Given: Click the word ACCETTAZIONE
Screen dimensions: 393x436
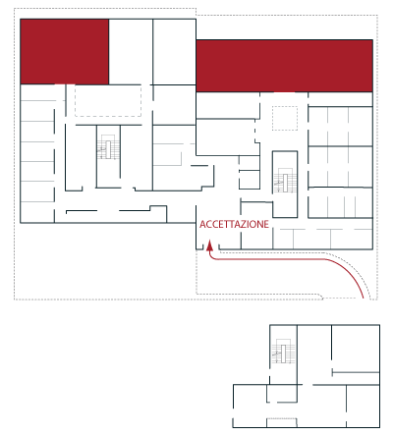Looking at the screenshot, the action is click(x=234, y=224).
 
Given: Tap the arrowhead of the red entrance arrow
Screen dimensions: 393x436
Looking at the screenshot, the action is click(x=209, y=245).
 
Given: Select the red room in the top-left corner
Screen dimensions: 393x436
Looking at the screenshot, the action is click(x=65, y=52).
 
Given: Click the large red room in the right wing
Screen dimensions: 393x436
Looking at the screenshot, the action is click(x=284, y=66).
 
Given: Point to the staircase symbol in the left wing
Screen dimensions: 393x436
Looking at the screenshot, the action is click(x=108, y=147).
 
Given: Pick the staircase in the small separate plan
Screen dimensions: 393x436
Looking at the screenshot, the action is click(x=283, y=351).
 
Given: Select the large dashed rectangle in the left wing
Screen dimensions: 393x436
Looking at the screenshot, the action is click(x=108, y=100).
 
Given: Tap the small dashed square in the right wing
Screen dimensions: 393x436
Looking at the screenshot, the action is click(x=285, y=118).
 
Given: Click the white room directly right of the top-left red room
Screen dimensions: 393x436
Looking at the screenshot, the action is click(x=131, y=52).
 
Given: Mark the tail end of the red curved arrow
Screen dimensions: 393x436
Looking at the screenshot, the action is click(x=363, y=298).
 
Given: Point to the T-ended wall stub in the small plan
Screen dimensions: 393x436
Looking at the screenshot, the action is click(x=356, y=372).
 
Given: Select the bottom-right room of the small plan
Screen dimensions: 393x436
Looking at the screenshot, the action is click(x=363, y=406).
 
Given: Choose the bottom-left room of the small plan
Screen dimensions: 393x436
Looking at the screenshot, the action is click(x=250, y=406).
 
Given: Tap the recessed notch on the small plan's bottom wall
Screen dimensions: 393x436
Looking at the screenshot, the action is click(x=282, y=422).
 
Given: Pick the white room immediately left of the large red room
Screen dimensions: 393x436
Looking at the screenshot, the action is click(x=174, y=52).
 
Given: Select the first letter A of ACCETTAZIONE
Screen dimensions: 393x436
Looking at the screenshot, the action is click(x=202, y=224).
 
